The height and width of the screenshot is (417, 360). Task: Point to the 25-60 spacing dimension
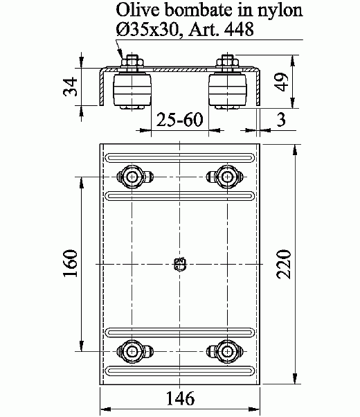(179, 120)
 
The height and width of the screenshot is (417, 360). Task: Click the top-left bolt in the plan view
(132, 176)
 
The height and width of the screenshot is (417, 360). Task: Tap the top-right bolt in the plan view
(227, 176)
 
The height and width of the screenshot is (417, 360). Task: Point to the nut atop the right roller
(228, 64)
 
